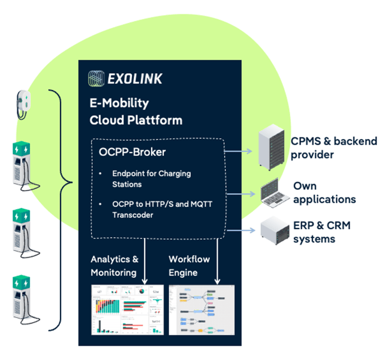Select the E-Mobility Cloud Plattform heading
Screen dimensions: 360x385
[x=136, y=111]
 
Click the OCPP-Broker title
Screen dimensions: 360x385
[x=133, y=152]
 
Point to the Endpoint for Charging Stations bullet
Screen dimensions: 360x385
[x=151, y=178]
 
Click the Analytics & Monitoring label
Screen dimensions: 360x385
[x=115, y=266]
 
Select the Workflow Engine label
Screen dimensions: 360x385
[x=190, y=266]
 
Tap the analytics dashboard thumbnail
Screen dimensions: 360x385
[x=127, y=310]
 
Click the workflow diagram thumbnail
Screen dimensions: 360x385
[x=201, y=310]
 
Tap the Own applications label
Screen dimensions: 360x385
[x=324, y=193]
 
